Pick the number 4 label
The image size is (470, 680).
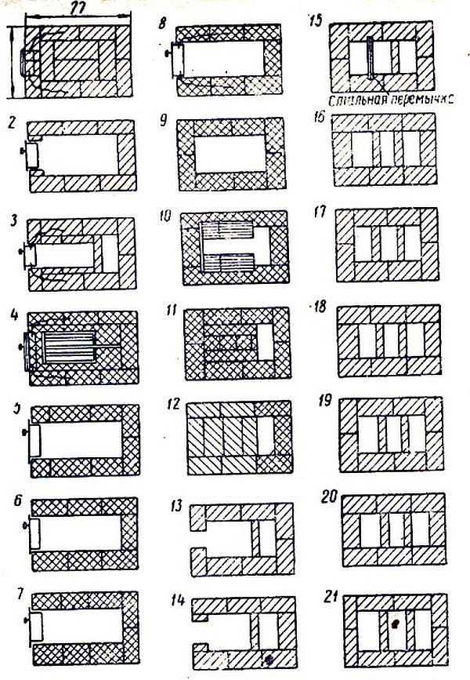tap(14, 318)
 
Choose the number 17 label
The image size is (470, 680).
tap(318, 212)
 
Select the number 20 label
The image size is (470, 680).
tap(330, 500)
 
